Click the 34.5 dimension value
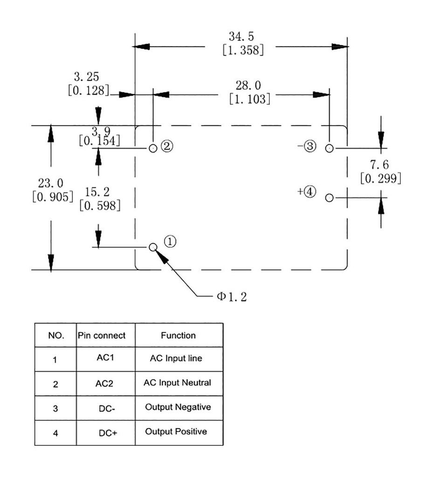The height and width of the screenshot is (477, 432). point(241,36)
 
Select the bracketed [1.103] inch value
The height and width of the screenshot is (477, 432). point(249,99)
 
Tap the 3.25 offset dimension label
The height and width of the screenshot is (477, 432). point(86,77)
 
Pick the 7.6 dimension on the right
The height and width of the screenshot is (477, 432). point(379,165)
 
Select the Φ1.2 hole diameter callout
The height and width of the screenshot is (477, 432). point(231,297)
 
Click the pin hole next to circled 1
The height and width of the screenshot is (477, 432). point(153,247)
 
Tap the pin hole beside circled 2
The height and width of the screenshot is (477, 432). point(153,149)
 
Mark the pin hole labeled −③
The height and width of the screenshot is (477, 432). point(329,149)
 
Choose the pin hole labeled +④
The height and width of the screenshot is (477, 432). point(329,198)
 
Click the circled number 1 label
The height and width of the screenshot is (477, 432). point(171,241)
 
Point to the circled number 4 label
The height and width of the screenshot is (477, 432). point(310,191)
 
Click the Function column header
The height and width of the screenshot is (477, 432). point(178,335)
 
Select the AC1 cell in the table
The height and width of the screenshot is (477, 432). point(105,359)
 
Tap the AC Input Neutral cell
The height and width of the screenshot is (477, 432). point(177,383)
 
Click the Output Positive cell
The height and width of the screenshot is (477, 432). point(176,432)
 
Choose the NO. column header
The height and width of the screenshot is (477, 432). point(56,335)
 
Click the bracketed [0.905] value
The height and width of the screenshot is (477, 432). point(52,197)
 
